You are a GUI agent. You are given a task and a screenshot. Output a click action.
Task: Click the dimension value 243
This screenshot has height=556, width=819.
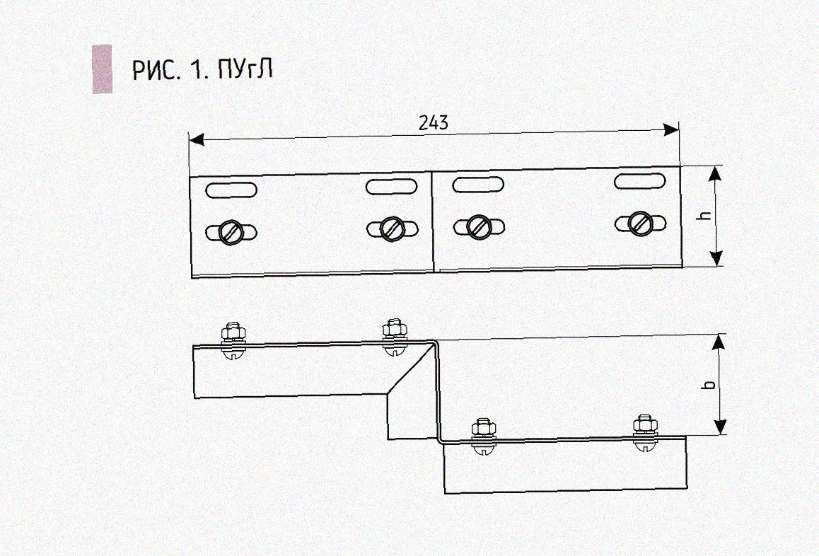[433, 122]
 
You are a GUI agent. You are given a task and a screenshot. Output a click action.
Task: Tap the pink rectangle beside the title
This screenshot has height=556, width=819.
[102, 69]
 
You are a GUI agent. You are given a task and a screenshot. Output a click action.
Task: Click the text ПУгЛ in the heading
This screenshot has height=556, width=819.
[245, 71]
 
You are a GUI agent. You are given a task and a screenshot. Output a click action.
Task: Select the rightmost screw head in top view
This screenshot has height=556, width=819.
[641, 223]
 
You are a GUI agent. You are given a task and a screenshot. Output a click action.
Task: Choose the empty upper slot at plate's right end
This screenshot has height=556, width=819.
[640, 180]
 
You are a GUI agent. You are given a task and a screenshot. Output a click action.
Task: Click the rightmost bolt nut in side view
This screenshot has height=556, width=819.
[644, 424]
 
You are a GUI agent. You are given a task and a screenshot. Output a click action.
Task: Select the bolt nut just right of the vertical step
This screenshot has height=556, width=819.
[482, 428]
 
